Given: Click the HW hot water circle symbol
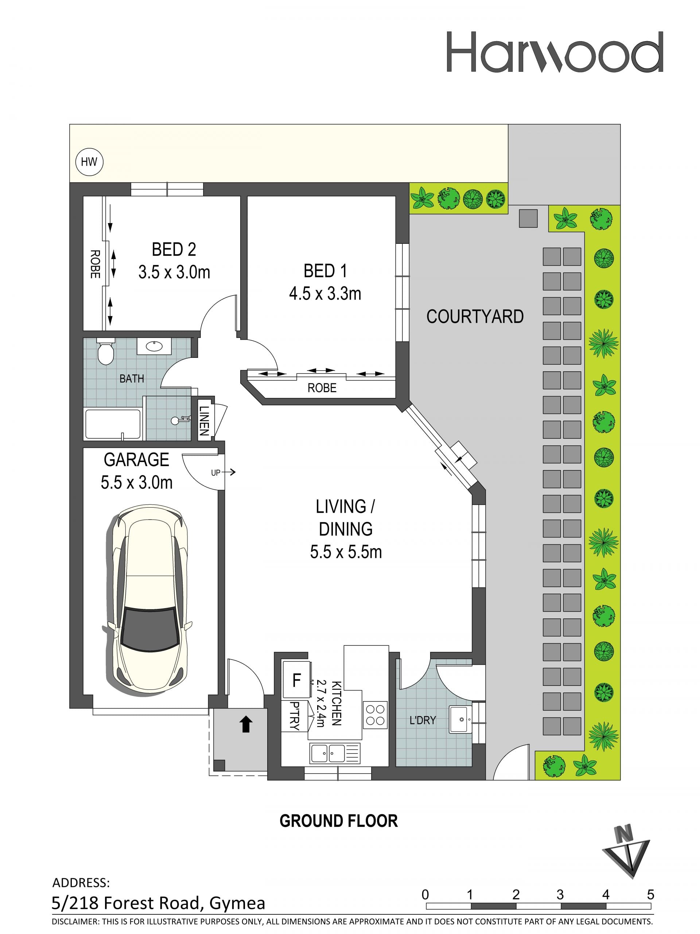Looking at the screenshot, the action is (x=89, y=162).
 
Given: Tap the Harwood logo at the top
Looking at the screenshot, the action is (x=555, y=52).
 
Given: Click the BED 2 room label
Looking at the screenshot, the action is (x=174, y=249).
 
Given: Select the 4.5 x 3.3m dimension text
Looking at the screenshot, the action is (x=325, y=293).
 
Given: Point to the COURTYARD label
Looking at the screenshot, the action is (x=475, y=316).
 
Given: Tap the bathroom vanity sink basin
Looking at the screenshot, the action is (x=154, y=346).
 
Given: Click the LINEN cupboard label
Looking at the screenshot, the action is (x=204, y=421).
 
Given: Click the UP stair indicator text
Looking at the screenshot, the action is (x=216, y=473).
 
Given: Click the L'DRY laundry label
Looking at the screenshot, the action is (x=423, y=720).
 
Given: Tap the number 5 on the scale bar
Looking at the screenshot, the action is (x=650, y=895).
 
